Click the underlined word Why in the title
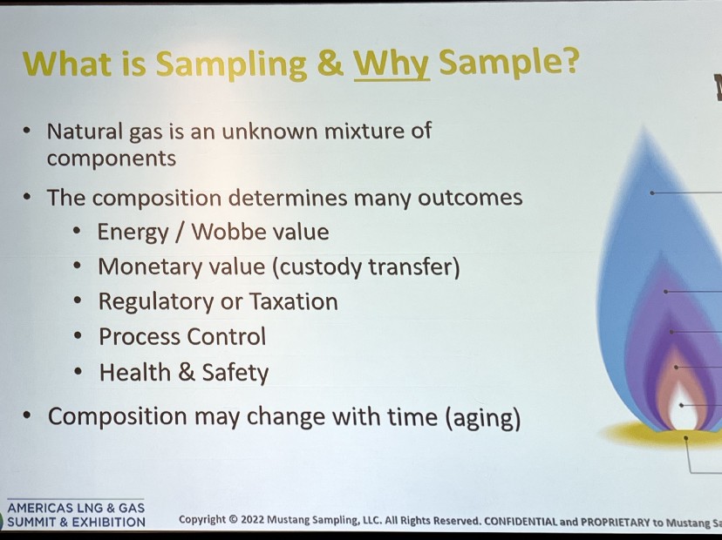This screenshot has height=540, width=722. [392, 64]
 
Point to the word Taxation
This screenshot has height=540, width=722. [293, 301]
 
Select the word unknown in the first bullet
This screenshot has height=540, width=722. [269, 132]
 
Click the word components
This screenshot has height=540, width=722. [112, 159]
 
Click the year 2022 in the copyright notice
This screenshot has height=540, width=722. [252, 520]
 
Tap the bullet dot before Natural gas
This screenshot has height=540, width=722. [27, 131]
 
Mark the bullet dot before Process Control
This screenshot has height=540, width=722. [78, 336]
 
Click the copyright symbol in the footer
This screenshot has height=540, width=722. [233, 520]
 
